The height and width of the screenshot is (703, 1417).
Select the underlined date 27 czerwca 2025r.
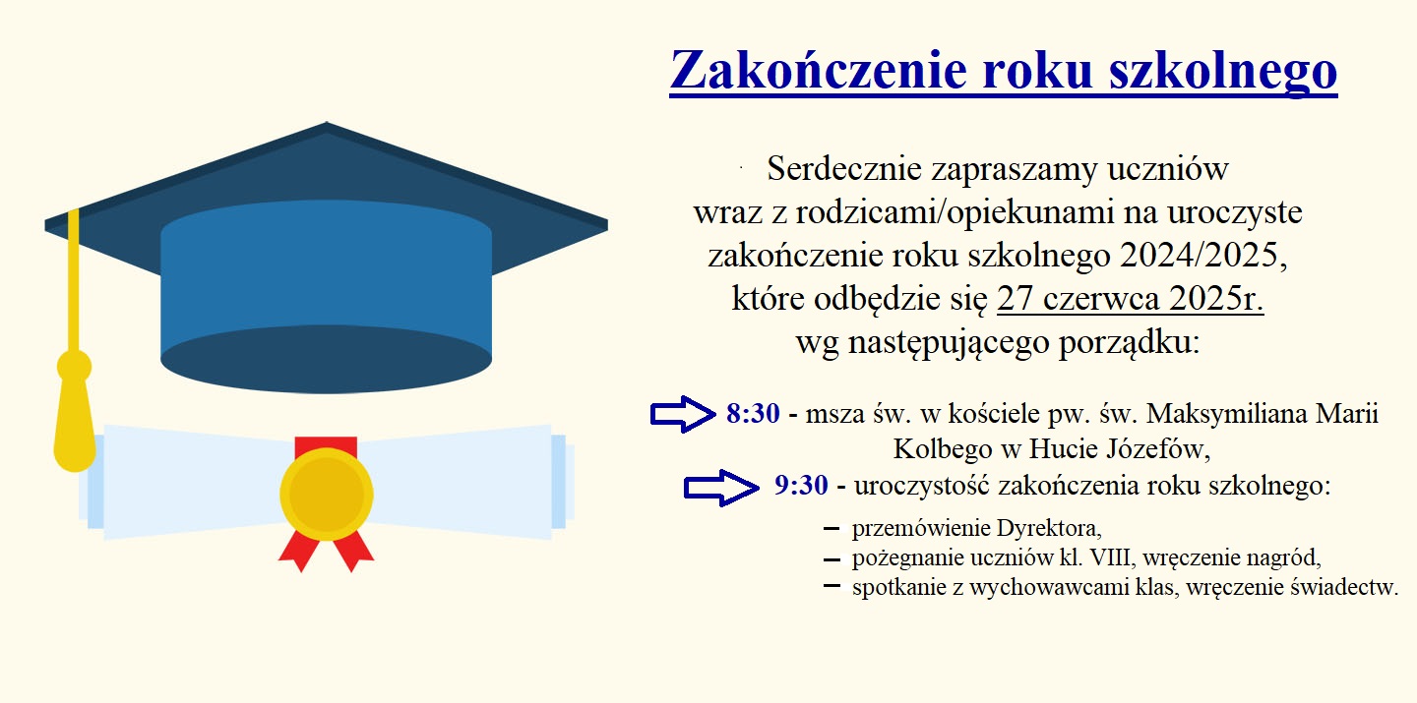[1130, 298]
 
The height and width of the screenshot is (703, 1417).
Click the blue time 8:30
[753, 414]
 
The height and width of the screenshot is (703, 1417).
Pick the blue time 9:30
[801, 486]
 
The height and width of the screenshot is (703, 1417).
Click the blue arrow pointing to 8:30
[683, 414]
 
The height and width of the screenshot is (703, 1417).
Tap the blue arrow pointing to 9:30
[721, 488]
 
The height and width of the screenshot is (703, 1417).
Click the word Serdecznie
[844, 168]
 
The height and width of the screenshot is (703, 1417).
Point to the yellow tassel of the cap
[75, 411]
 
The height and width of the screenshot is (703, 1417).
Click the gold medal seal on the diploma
[327, 494]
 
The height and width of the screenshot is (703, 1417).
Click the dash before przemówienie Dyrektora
[832, 529]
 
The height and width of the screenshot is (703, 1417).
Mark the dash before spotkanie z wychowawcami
[832, 587]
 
